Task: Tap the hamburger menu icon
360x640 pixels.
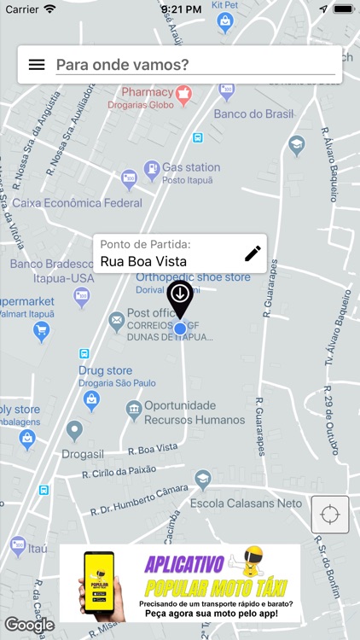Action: [x=37, y=65]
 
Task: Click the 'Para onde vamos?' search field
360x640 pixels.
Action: [x=195, y=65]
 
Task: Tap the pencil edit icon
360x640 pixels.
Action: [x=253, y=253]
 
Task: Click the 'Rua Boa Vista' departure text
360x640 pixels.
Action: [x=139, y=262]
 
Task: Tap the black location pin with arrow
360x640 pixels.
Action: [x=179, y=297]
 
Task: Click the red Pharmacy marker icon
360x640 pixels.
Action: [x=182, y=92]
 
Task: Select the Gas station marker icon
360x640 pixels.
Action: [x=151, y=167]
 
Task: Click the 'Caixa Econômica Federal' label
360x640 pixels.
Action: [x=77, y=203]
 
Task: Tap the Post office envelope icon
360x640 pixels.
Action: [x=116, y=321]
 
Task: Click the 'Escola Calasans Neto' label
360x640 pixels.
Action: [x=257, y=503]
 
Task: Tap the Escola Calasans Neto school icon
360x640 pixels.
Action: [x=202, y=480]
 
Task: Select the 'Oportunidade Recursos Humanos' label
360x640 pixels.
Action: [x=194, y=413]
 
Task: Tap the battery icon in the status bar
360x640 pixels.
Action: [x=343, y=9]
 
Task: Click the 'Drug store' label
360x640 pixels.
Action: [x=105, y=370]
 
